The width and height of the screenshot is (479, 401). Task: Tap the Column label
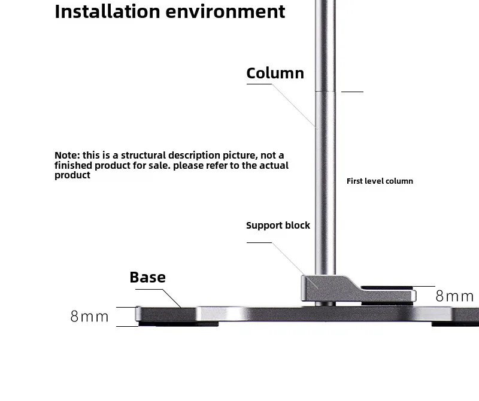point(275,73)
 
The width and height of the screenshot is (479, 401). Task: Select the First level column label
point(380,181)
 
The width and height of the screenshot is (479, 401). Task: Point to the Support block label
point(278,226)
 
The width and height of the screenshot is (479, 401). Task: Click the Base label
point(147,277)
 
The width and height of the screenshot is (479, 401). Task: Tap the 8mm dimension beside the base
point(89,317)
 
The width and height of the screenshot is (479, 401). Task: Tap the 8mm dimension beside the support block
point(454,296)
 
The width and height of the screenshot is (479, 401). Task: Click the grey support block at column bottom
point(323,290)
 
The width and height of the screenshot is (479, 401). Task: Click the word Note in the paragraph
point(66,156)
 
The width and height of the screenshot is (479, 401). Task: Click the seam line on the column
point(326,91)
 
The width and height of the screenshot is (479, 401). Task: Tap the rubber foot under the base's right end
point(455,324)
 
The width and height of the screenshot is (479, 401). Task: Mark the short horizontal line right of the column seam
point(352,92)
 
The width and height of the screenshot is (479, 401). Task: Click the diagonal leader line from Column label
point(295,105)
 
